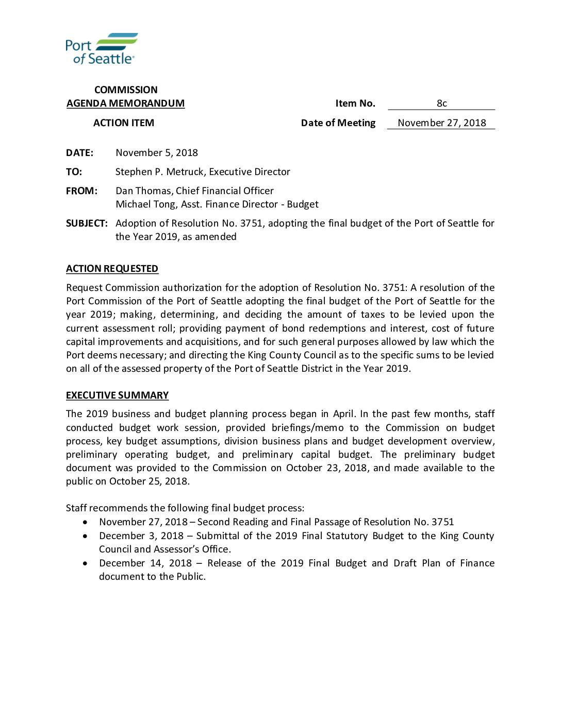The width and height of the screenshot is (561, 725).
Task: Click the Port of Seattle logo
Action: (101, 48)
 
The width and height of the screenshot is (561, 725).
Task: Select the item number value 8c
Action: (441, 103)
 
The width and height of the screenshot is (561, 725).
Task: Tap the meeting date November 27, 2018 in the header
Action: (441, 123)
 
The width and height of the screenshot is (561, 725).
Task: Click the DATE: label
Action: (79, 153)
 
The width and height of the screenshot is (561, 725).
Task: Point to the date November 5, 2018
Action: (157, 153)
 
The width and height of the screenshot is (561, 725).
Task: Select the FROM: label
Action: (81, 191)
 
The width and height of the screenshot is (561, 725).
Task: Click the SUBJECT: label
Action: (87, 223)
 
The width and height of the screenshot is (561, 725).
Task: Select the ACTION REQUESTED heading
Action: (112, 269)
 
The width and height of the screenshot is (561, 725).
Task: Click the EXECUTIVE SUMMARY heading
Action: (117, 395)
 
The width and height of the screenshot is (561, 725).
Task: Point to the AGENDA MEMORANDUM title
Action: (125, 103)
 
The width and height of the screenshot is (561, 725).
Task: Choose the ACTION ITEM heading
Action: (124, 123)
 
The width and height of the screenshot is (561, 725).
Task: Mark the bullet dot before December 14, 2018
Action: (85, 563)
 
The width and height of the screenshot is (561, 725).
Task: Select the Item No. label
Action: (355, 103)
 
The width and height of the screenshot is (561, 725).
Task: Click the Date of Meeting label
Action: (338, 123)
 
